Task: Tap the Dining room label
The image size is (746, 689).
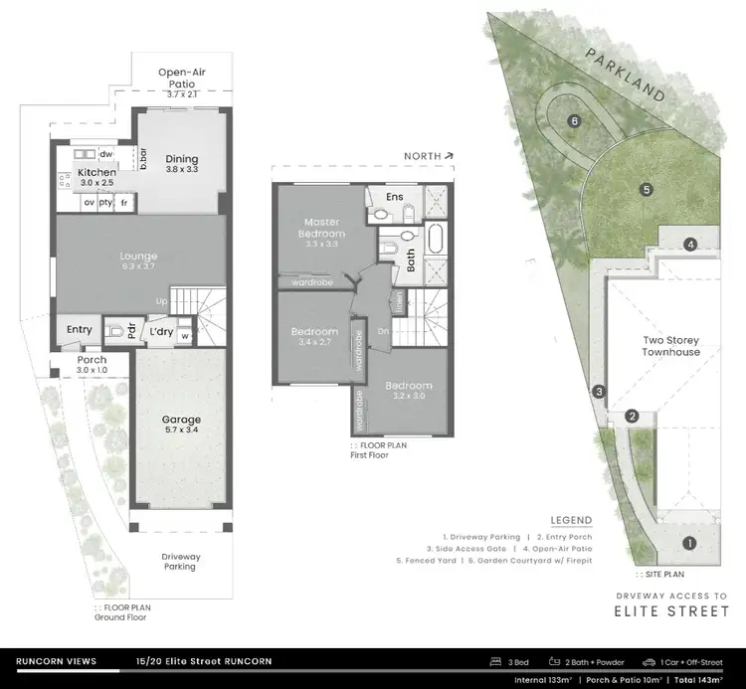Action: (182, 159)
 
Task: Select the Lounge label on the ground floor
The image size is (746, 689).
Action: (139, 257)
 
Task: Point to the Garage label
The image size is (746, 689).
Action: (182, 420)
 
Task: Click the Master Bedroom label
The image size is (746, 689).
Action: (323, 227)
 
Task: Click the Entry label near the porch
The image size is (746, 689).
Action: (80, 330)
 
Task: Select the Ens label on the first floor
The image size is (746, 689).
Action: (394, 197)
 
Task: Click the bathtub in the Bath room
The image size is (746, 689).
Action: (437, 241)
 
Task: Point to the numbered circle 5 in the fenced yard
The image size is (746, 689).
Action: (646, 189)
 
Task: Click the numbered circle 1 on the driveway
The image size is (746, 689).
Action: (688, 543)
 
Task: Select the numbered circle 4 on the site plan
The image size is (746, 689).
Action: (688, 244)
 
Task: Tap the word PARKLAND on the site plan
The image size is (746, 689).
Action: (625, 74)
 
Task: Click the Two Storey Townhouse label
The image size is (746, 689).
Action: (670, 346)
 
